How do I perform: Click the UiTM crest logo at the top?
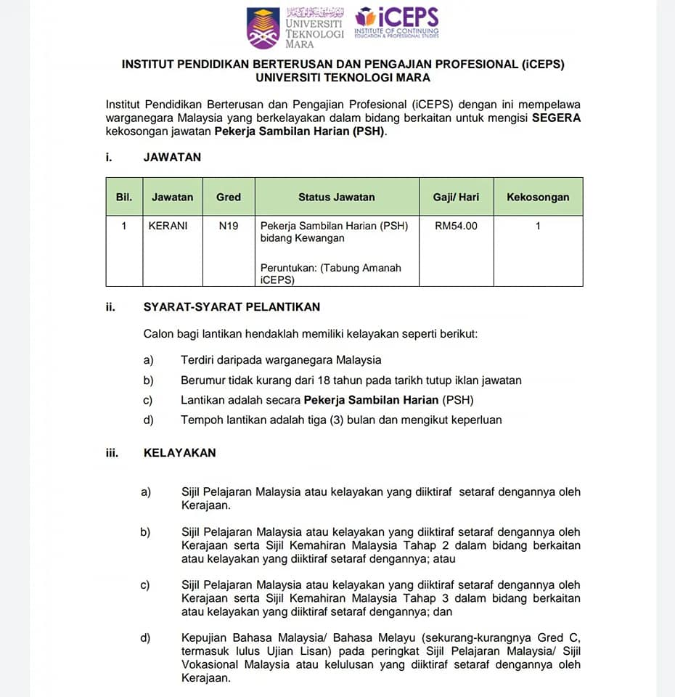pos(263,28)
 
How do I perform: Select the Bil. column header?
pos(124,197)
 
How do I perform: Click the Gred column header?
pos(229,197)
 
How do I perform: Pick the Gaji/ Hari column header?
pos(457,197)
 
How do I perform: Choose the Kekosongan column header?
pos(538,197)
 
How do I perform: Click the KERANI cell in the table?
pos(168,226)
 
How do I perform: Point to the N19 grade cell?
pos(229,226)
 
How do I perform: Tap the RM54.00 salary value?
pos(457,226)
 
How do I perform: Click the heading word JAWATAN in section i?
pos(173,157)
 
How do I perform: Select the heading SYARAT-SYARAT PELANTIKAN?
pos(232,307)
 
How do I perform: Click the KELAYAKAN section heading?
pos(180,452)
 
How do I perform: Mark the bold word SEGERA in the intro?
pos(557,118)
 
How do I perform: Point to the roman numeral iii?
pos(112,452)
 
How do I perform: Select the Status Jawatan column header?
pos(337,197)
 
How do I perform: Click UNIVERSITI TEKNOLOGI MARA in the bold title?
pos(343,78)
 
